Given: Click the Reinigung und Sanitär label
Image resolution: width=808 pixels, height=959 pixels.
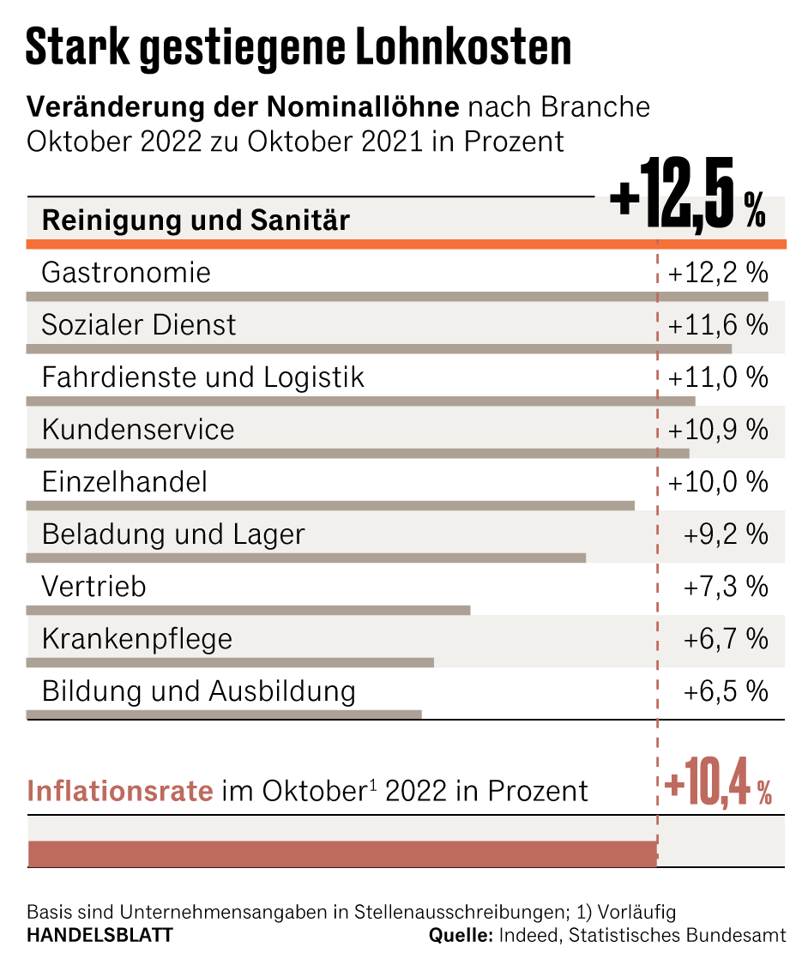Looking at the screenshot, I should pyautogui.click(x=196, y=220).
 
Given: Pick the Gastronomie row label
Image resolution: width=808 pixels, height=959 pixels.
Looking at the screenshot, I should pyautogui.click(x=126, y=273).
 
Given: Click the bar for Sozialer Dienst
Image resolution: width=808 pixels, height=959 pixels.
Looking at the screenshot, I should pyautogui.click(x=378, y=349).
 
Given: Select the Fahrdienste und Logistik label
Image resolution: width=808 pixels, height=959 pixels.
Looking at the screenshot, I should pyautogui.click(x=203, y=377).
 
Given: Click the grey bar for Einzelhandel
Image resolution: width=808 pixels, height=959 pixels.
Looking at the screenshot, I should pyautogui.click(x=330, y=506).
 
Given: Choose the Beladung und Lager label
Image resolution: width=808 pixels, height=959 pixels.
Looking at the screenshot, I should pyautogui.click(x=173, y=535).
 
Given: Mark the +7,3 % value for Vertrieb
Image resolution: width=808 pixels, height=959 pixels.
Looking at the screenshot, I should pyautogui.click(x=726, y=588).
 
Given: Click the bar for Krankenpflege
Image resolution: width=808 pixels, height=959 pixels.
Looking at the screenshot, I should pyautogui.click(x=230, y=662).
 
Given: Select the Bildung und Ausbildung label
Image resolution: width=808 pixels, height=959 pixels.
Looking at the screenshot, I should pyautogui.click(x=198, y=691).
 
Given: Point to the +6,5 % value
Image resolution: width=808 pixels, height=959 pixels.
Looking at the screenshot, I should pyautogui.click(x=726, y=692).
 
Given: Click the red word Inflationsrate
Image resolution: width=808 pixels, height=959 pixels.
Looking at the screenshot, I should pyautogui.click(x=120, y=791).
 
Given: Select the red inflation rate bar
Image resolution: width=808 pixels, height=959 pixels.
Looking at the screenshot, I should pyautogui.click(x=342, y=854).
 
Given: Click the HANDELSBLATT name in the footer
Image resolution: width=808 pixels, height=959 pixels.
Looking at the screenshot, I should pyautogui.click(x=99, y=935).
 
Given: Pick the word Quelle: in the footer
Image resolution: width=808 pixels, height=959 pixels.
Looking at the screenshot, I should pyautogui.click(x=460, y=935).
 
